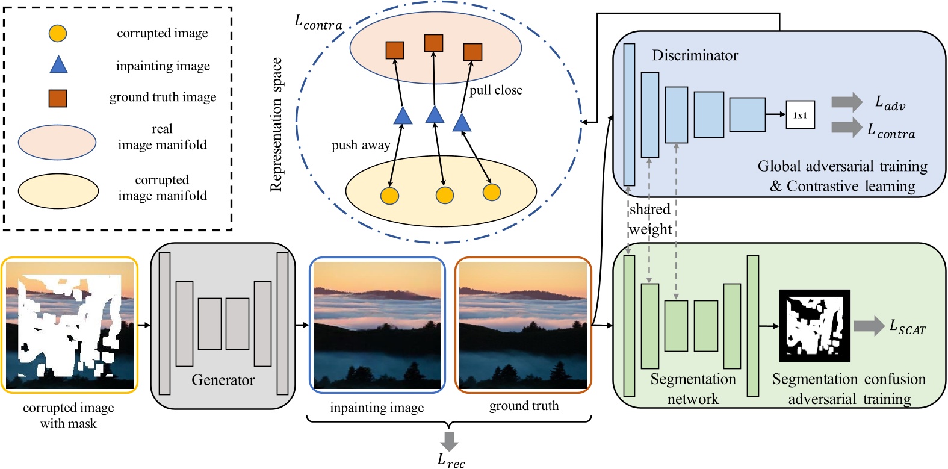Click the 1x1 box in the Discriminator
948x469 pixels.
pos(800,114)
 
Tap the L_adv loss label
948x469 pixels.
pos(889,103)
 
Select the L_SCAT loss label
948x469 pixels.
pos(907,327)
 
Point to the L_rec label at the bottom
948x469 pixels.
pos(451,461)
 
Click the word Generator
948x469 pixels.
pos(223,380)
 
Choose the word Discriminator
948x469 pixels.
pos(695,55)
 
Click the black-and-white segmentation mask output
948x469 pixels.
pos(814,325)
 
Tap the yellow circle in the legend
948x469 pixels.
pos(58,33)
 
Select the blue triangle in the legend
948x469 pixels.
pos(58,64)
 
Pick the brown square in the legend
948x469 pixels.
pos(58,98)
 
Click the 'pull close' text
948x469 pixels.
pos(495,90)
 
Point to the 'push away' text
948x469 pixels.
pos(361,145)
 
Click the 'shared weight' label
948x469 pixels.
pos(650,219)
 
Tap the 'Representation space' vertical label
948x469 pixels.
pos(276,125)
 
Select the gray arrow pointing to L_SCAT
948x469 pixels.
pos(869,326)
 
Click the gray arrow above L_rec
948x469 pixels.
pos(449,440)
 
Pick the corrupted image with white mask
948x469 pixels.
pos(69,325)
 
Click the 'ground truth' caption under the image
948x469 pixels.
pos(524,406)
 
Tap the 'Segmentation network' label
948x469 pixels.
pos(693,389)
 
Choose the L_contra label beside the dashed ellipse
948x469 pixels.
pos(318,23)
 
